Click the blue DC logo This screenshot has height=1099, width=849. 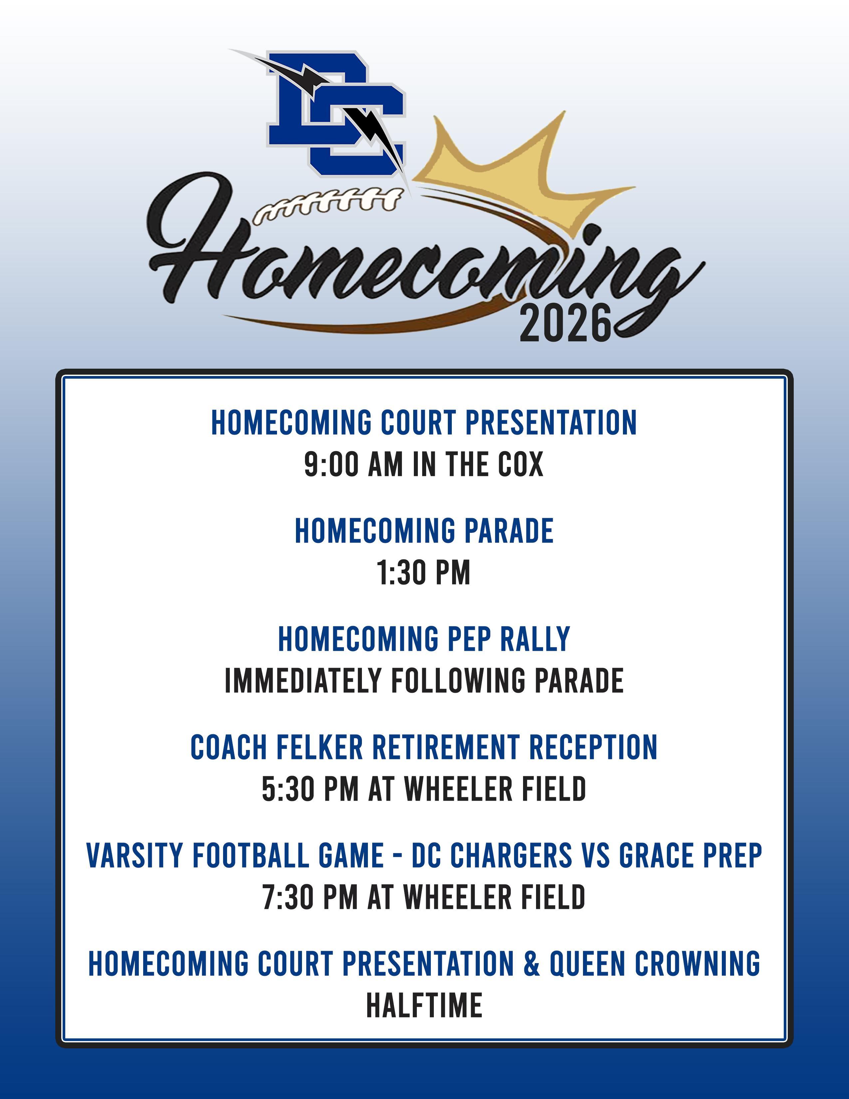(336, 113)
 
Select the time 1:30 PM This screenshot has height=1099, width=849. (424, 573)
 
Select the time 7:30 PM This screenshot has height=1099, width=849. (310, 898)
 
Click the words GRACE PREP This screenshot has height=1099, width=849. (691, 856)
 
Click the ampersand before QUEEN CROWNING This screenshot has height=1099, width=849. (531, 964)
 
